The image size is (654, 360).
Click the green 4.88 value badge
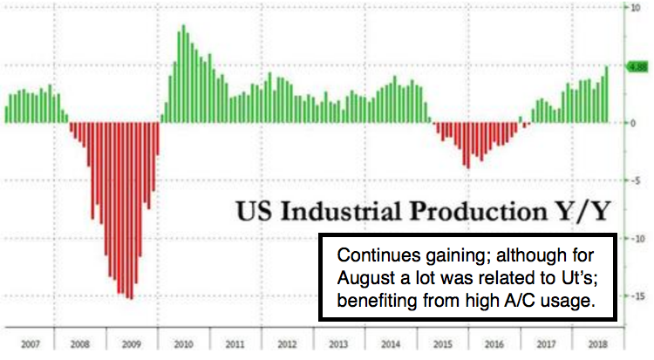pyautogui.click(x=637, y=65)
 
